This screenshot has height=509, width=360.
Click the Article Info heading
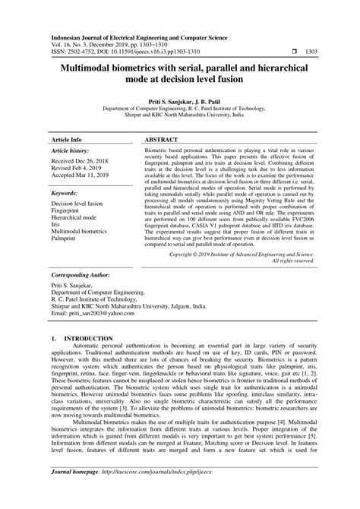coord(66,141)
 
